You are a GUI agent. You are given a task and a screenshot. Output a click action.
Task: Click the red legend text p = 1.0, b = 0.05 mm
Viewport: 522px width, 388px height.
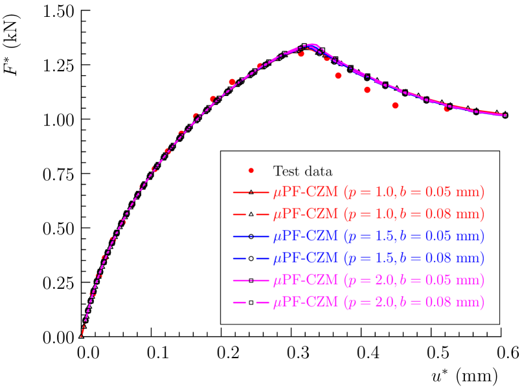coord(414,192)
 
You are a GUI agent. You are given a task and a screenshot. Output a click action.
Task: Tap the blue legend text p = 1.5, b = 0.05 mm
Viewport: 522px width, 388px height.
coord(414,236)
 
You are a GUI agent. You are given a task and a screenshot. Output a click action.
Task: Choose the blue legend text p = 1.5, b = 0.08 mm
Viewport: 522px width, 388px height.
coord(414,258)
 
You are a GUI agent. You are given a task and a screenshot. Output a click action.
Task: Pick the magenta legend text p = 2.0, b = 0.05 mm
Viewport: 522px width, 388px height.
coord(414,280)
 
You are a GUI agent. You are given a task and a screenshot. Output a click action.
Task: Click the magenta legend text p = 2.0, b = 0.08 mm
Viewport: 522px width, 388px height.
coord(414,302)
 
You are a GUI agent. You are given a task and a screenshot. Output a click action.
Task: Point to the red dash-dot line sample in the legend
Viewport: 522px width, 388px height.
coord(250,193)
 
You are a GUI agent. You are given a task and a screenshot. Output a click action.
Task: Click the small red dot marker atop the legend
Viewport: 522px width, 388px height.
coord(251,170)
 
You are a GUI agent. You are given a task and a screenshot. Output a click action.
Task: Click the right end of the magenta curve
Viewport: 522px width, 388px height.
coord(505,115)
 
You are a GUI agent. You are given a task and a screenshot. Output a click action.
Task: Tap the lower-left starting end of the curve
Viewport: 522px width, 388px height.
coord(81,336)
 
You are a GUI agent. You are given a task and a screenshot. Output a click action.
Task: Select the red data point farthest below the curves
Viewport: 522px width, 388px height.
coord(395,105)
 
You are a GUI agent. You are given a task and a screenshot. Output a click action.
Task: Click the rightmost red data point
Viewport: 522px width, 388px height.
coord(447,109)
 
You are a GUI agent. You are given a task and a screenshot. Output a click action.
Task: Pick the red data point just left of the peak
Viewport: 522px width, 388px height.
coord(301,54)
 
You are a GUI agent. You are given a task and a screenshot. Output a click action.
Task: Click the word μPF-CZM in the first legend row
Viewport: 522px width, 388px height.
coord(305,192)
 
